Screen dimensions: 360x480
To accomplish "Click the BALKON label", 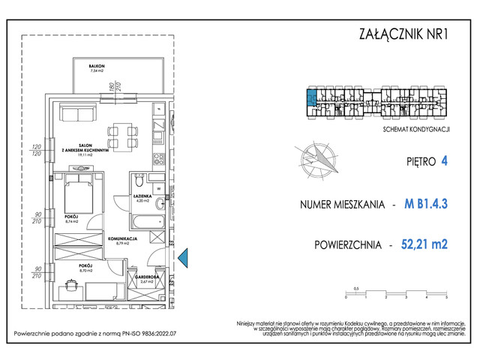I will tap(96, 67).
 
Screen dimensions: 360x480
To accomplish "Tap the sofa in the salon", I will tap(79, 114).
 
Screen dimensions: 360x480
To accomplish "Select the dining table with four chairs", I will tap(121, 136).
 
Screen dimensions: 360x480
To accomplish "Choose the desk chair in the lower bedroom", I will tap(71, 284).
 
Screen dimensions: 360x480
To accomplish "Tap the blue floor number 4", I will tap(445, 160).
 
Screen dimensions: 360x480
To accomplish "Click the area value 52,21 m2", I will tap(424, 244).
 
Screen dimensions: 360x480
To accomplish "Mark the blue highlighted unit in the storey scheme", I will tap(310, 97).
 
